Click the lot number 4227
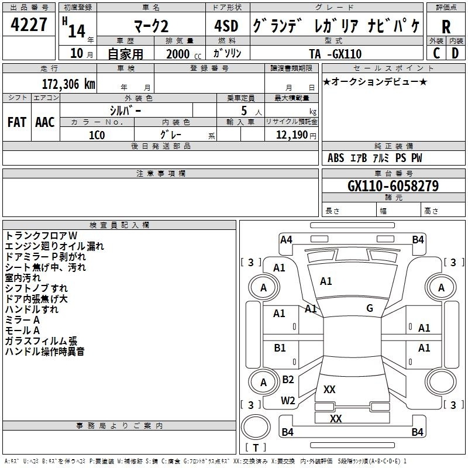29,25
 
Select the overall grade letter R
446,27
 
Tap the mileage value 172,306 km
68,84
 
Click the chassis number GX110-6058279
393,185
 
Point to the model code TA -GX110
335,54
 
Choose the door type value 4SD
226,26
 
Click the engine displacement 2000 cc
184,54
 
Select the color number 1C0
97,135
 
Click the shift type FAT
17,122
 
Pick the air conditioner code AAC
45,122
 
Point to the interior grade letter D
455,53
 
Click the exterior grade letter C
436,53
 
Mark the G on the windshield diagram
370,308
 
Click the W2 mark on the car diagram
288,401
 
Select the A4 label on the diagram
286,240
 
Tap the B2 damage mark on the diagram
288,379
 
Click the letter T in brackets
256,448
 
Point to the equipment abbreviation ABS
336,158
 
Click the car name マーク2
151,26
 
